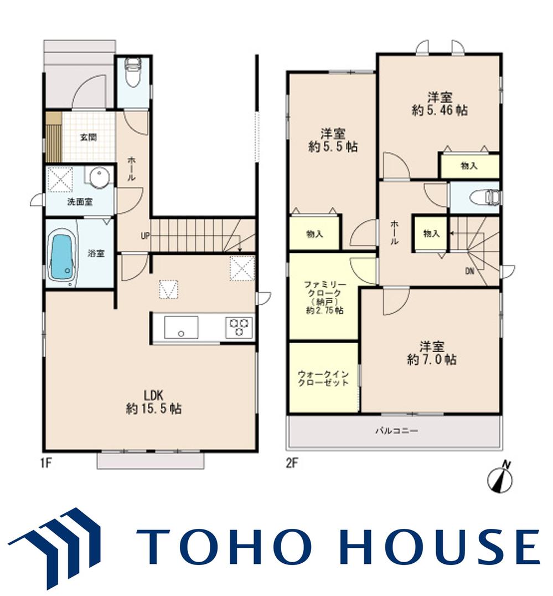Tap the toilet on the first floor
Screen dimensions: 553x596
coord(132,72)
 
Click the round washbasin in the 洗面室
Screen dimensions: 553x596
coord(100,177)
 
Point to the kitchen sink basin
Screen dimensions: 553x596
coord(181,327)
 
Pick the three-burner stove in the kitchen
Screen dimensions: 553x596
coord(239,327)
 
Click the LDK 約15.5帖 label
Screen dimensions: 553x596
coord(154,401)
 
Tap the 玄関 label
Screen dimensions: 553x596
coord(88,137)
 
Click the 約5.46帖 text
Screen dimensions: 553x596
coord(440,110)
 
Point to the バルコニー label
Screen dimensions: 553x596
coord(397,431)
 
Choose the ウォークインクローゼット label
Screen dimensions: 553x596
coord(323,378)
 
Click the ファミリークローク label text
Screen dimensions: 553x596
coord(325,289)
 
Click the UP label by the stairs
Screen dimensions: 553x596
coord(146,236)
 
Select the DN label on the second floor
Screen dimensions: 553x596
coord(469,271)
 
